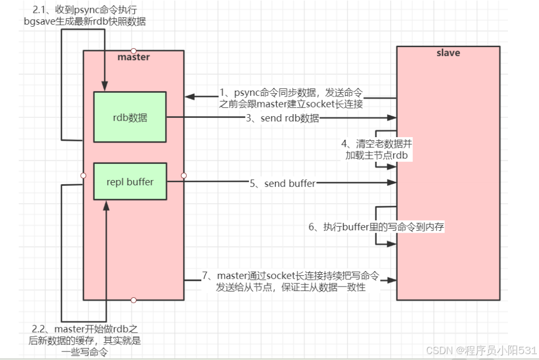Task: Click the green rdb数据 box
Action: tap(130, 117)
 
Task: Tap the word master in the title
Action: tap(133, 57)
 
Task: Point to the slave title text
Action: tap(448, 53)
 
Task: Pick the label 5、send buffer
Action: tap(282, 184)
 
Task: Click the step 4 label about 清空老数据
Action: tap(377, 149)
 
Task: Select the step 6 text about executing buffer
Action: tap(376, 227)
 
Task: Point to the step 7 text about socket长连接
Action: tap(291, 282)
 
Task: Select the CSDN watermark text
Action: tap(481, 349)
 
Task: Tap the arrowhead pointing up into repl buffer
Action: tap(106, 203)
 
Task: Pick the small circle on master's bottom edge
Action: tap(133, 300)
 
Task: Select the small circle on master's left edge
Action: tap(83, 175)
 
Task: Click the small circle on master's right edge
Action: tap(184, 175)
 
